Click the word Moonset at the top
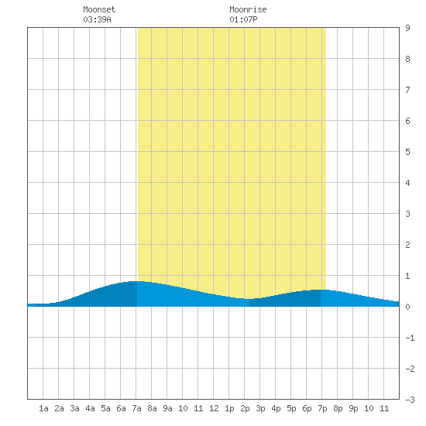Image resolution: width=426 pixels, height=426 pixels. [x=99, y=9]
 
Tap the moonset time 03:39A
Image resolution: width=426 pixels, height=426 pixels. [x=97, y=19]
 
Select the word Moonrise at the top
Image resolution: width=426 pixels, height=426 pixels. [x=248, y=9]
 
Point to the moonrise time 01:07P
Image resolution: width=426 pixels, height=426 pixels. [x=243, y=19]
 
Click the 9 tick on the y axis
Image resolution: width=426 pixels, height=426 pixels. [x=407, y=28]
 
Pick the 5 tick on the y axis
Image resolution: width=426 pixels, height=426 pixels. [x=407, y=152]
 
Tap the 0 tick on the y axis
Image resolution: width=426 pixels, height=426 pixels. [x=407, y=307]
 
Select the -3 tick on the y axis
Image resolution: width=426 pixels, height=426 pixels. [x=410, y=400]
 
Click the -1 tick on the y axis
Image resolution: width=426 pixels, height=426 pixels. [x=410, y=338]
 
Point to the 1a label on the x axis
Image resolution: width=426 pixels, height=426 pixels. [x=43, y=408]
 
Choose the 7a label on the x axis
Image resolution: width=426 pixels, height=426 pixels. [x=136, y=408]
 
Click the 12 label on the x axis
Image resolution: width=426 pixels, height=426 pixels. [x=214, y=408]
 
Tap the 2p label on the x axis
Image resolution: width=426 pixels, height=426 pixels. [x=245, y=408]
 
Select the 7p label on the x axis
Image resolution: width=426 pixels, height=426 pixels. [x=322, y=408]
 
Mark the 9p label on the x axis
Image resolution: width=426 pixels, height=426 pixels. [x=353, y=408]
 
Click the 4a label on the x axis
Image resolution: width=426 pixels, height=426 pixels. [x=90, y=408]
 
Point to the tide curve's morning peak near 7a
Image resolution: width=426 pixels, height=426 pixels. [x=136, y=281]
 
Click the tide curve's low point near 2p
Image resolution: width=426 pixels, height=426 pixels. [x=249, y=299]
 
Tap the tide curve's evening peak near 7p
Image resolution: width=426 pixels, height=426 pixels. [x=321, y=290]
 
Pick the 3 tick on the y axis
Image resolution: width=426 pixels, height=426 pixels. [x=407, y=214]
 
